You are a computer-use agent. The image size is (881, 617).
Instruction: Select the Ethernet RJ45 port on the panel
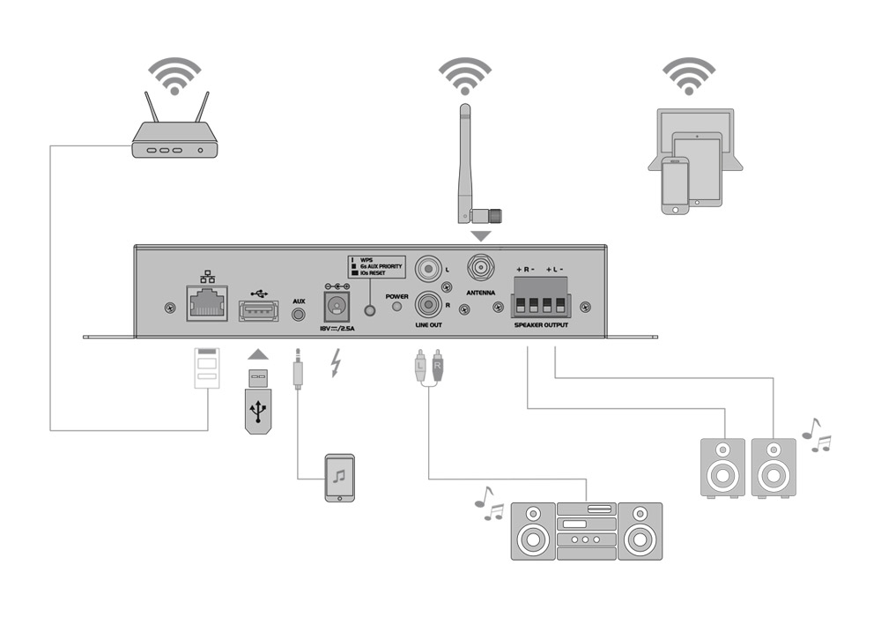206,302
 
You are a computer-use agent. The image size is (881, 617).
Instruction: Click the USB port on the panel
258,309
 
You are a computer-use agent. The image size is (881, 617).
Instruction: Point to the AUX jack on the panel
299,312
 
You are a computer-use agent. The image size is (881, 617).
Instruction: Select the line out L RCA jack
429,266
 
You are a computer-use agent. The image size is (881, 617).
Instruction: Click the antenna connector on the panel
481,265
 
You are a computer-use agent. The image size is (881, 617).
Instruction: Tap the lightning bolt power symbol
335,362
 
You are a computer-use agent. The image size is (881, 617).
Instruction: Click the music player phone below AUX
340,479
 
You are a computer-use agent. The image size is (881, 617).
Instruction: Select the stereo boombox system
587,531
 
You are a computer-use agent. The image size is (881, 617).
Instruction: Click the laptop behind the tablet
696,132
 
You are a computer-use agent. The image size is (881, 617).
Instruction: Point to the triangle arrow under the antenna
480,236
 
